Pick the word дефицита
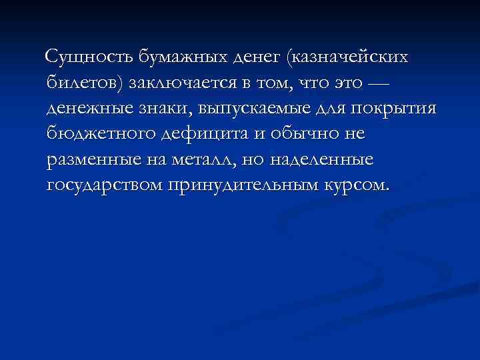pos(204,134)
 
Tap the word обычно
pos(300,134)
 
